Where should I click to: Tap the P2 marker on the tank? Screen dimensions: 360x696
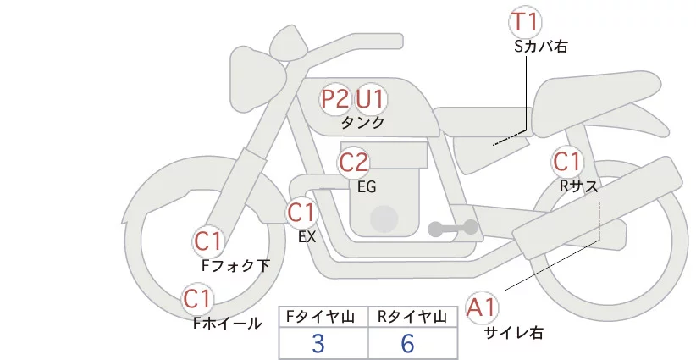tap(335, 99)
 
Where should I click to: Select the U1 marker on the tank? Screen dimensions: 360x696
tap(370, 99)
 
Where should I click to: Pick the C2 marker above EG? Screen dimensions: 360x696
tap(353, 162)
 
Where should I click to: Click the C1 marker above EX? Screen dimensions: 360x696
tap(301, 212)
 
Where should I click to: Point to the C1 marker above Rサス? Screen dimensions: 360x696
tap(566, 161)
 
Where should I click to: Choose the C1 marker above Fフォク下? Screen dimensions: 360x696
tap(207, 241)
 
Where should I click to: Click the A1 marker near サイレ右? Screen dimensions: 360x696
tap(483, 307)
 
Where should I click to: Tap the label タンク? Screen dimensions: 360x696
tap(362, 123)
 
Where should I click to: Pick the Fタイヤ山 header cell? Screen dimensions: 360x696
tap(323, 317)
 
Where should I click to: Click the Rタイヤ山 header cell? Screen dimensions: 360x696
tap(412, 317)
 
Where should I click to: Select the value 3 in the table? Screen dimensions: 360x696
tap(318, 344)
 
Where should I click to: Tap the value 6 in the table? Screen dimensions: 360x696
tap(408, 344)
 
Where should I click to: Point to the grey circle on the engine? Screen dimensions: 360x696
tap(384, 219)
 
